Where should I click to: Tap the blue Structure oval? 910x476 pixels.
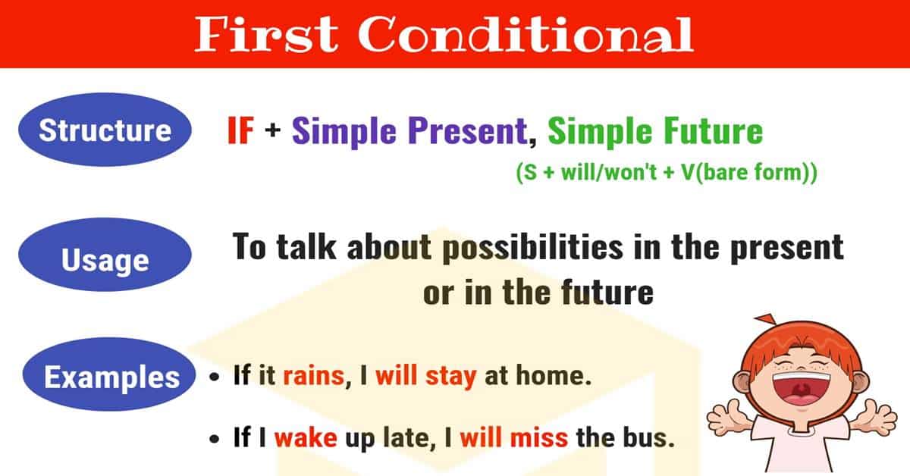(x=105, y=130)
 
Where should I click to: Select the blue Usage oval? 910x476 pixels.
(x=105, y=261)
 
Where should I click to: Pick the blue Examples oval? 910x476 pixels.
(x=111, y=377)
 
